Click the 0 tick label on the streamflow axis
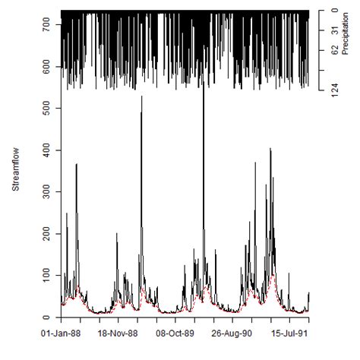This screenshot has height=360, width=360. (48, 317)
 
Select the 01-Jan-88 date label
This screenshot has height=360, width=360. (60, 333)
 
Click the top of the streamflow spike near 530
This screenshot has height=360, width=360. (141, 97)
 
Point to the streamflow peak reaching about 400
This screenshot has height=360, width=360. (271, 150)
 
